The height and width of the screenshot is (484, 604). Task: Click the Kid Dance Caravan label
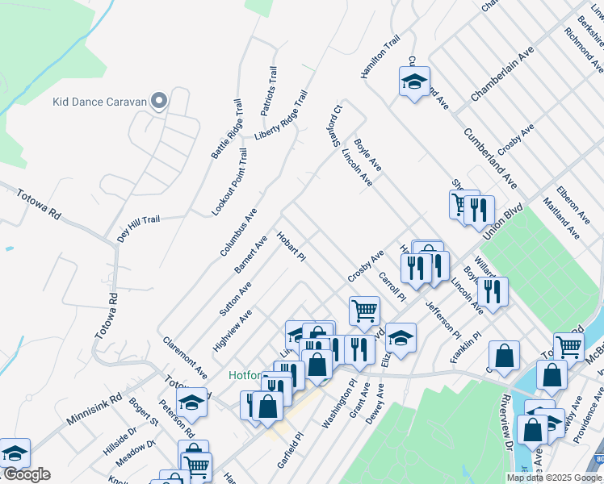point(99,102)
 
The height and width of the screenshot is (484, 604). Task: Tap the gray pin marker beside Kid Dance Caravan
point(159,101)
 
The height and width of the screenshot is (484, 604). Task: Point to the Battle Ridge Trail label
point(227,129)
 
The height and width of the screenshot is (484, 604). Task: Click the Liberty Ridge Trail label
point(282,115)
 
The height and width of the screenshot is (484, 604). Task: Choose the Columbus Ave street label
point(238,232)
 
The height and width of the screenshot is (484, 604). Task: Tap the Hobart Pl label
point(291,247)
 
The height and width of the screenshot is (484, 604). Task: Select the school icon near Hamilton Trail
point(414,82)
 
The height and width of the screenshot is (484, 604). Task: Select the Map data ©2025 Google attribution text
point(554,478)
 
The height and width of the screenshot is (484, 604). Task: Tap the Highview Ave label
point(233,330)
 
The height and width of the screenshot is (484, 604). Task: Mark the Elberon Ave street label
point(573,207)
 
